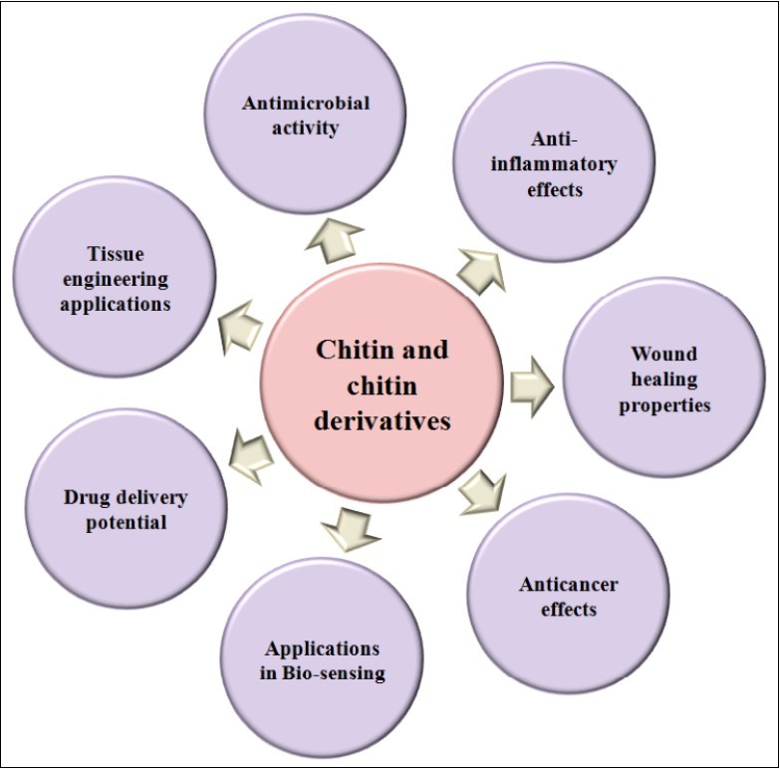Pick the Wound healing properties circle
(x=663, y=379)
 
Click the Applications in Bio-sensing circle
(x=323, y=658)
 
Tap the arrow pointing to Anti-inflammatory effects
(x=480, y=267)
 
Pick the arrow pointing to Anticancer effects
(x=482, y=491)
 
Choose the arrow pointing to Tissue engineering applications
(x=240, y=326)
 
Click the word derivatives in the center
(x=383, y=420)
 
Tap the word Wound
(x=663, y=354)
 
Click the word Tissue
(x=115, y=254)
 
